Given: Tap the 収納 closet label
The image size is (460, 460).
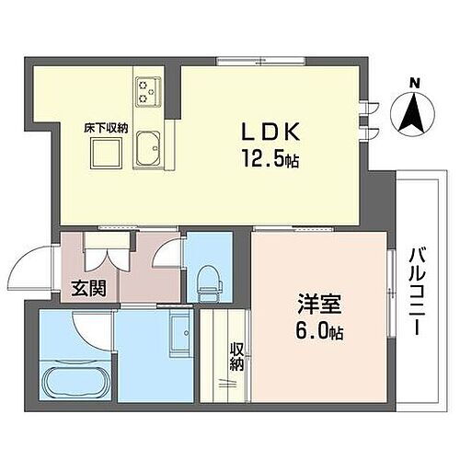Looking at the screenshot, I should pyautogui.click(x=237, y=357).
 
